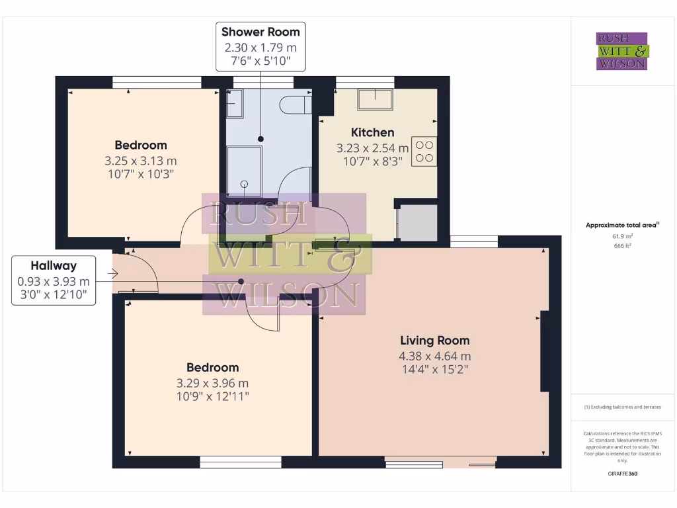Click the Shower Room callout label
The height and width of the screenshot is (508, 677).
[x=260, y=32]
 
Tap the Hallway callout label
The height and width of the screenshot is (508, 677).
[x=54, y=266]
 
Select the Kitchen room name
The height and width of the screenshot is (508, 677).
[x=372, y=132]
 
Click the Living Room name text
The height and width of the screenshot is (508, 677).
[x=434, y=341]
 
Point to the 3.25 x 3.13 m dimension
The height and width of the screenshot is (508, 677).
[x=140, y=160]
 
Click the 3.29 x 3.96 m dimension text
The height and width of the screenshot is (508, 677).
[x=212, y=383]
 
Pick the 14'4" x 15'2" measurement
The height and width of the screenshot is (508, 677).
[x=434, y=370]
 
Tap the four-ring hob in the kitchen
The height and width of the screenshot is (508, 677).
[x=424, y=151]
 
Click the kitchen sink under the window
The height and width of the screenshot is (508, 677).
[x=375, y=100]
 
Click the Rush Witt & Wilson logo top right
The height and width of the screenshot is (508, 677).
[x=622, y=52]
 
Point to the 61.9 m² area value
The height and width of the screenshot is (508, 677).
[x=621, y=236]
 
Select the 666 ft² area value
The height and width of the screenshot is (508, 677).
[x=621, y=245]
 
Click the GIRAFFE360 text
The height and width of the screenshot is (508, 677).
[x=621, y=474]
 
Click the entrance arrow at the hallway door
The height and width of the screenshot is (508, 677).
[x=115, y=272]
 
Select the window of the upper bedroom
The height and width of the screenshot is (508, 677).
[x=156, y=82]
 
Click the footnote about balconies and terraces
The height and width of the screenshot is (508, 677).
[x=621, y=407]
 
